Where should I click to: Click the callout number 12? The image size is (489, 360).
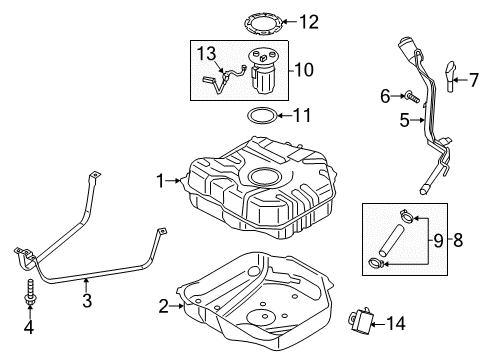pos(309,22)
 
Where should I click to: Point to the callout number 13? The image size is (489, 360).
pos(206,54)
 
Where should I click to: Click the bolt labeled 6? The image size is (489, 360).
pos(411,97)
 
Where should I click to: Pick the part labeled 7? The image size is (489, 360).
pos(450,77)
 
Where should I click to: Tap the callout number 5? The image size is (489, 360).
pos(405,120)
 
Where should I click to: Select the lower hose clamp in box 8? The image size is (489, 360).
pos(376,263)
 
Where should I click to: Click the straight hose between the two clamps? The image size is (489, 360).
pos(391,241)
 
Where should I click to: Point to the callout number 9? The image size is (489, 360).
pos(438,240)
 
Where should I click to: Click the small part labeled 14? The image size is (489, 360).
pos(361,320)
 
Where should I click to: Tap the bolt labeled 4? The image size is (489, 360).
pos(31,291)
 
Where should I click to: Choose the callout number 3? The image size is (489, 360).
pos(87,301)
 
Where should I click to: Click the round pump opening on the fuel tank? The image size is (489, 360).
pos(266,177)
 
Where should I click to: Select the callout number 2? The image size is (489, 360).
pos(163,306)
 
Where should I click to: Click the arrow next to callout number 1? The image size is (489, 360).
pos(173,181)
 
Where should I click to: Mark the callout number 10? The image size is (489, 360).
pos(304,70)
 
